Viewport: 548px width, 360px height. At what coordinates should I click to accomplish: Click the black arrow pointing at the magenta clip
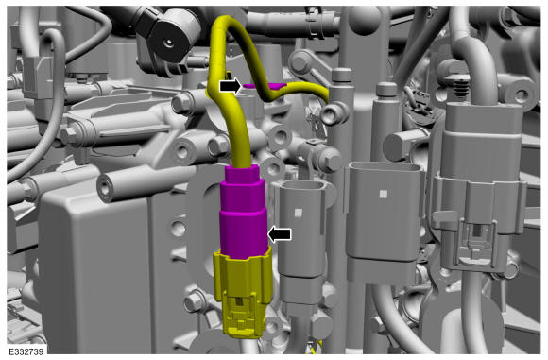click(231, 86)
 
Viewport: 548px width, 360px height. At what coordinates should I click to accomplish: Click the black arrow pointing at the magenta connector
click(280, 234)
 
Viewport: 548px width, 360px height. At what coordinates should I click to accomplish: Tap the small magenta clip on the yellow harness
click(265, 86)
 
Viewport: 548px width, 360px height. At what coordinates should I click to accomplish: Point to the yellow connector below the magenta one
click(243, 294)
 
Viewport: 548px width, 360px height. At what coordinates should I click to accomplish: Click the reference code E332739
click(26, 351)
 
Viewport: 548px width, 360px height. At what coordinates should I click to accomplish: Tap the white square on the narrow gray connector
click(298, 213)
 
